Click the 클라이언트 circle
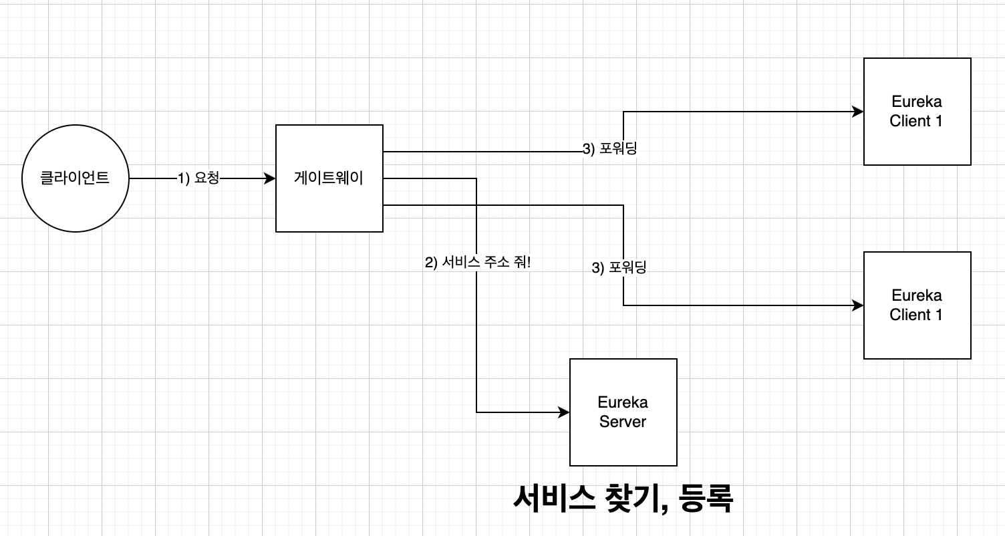75,178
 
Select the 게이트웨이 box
329,178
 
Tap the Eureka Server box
623,412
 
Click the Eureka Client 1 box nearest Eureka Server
917,305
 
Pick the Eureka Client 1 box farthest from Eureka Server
917,112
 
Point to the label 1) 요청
198,178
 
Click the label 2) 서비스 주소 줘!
478,262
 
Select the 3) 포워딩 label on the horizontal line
610,148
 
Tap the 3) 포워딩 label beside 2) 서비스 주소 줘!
619,268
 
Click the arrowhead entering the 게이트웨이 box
271,178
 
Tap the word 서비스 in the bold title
554,498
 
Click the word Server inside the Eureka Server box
623,422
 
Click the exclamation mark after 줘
529,262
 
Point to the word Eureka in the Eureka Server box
623,402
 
